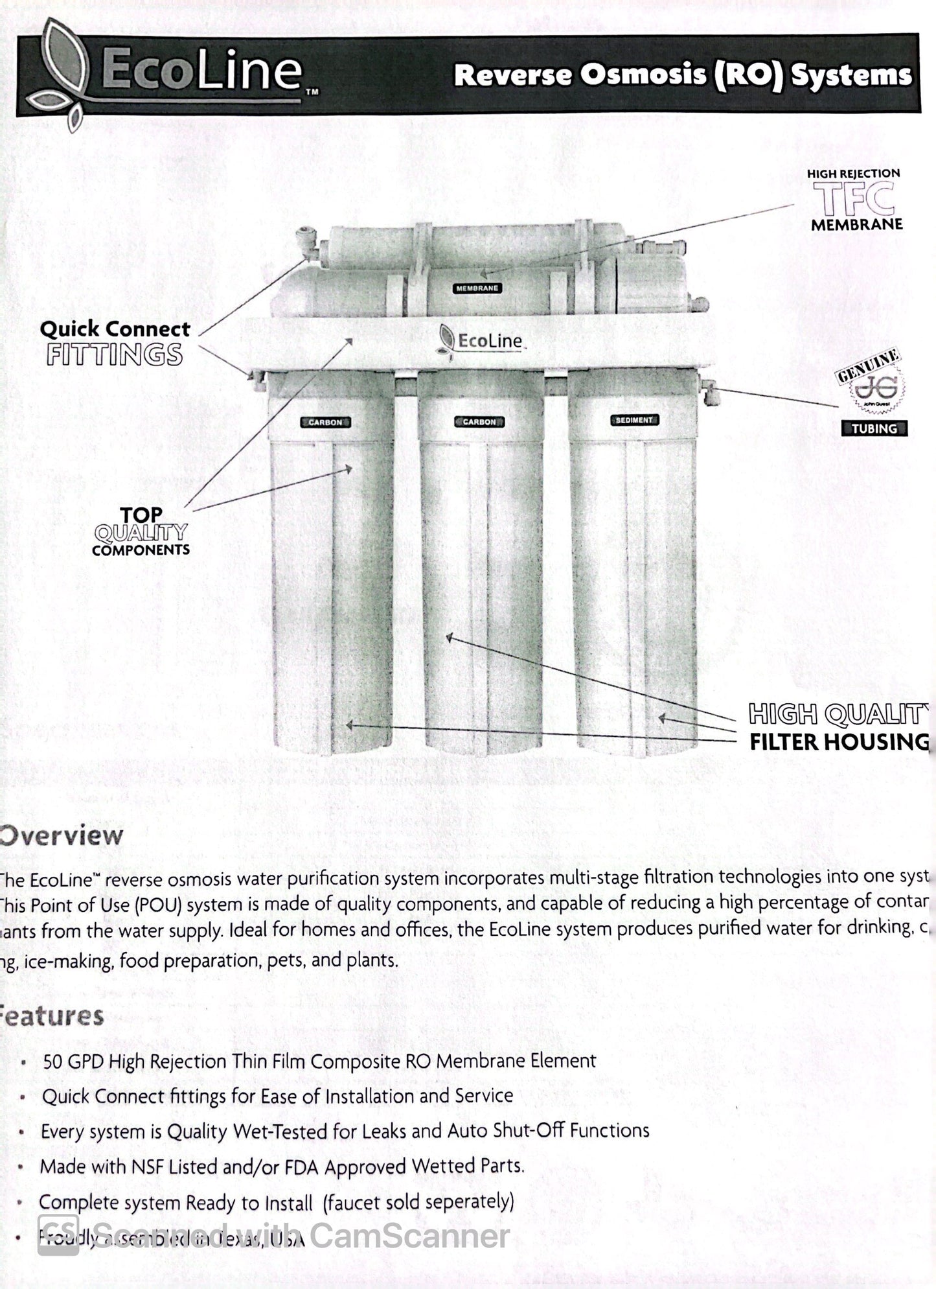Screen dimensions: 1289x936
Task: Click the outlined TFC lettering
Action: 854,199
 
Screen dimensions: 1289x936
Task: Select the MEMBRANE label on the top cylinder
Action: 477,288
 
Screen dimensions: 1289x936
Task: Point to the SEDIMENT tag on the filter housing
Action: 634,420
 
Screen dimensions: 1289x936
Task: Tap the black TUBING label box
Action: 874,428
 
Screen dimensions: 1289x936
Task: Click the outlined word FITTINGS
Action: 114,356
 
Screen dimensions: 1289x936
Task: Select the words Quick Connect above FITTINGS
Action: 115,329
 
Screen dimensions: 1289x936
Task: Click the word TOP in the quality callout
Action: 141,515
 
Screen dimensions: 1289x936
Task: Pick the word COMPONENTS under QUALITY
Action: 141,550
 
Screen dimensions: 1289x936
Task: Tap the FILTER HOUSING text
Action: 839,742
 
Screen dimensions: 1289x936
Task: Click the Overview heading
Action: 62,835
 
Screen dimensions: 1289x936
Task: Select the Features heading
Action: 52,1016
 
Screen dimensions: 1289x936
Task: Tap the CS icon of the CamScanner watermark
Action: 58,1235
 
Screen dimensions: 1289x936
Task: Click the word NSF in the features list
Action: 148,1167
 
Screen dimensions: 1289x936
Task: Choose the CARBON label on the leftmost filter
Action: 325,422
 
